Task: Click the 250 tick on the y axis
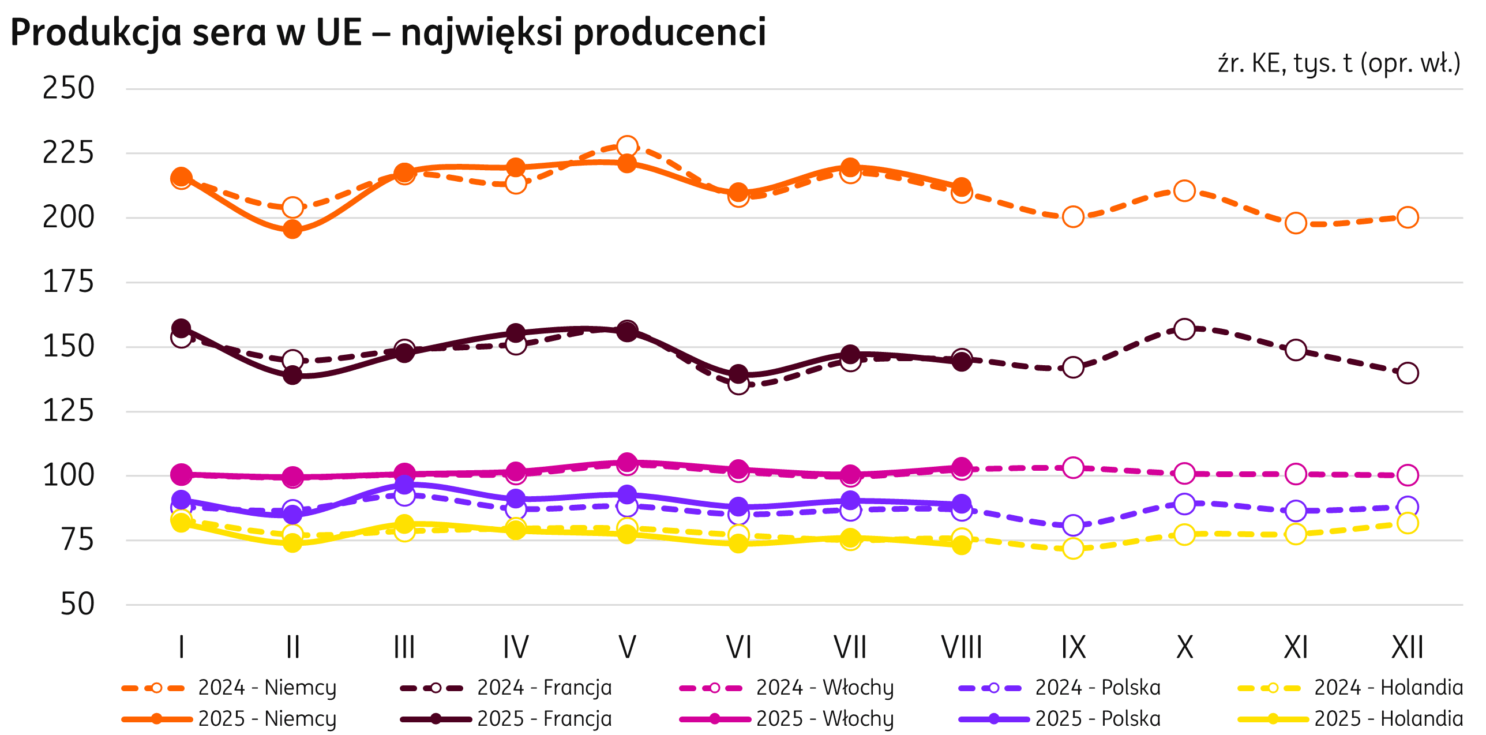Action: pyautogui.click(x=68, y=89)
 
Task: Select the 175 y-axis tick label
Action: pyautogui.click(x=68, y=283)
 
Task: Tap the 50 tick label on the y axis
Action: pyautogui.click(x=77, y=605)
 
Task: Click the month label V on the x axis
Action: pyautogui.click(x=627, y=647)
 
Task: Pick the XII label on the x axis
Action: pyautogui.click(x=1407, y=647)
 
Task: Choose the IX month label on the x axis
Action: pyautogui.click(x=1073, y=647)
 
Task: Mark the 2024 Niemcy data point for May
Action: pyautogui.click(x=627, y=147)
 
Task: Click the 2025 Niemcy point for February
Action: pyautogui.click(x=292, y=230)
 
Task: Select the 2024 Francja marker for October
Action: pyautogui.click(x=1184, y=329)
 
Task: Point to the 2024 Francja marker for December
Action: pyautogui.click(x=1408, y=373)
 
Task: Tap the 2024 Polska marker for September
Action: pyautogui.click(x=1073, y=526)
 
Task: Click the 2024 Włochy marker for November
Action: pyautogui.click(x=1296, y=474)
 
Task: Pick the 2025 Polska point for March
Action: pyautogui.click(x=404, y=483)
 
